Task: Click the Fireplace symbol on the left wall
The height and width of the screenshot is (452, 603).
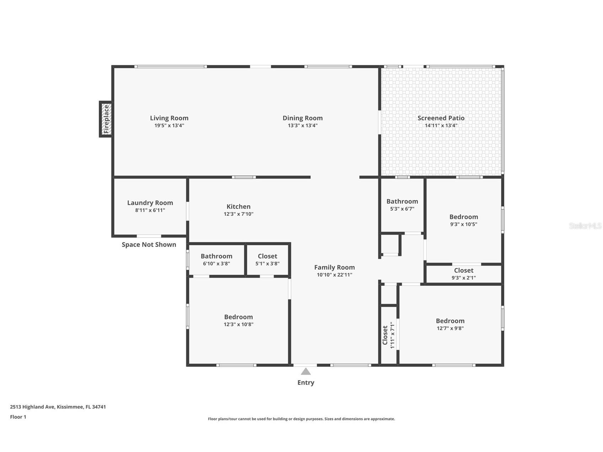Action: pyautogui.click(x=106, y=119)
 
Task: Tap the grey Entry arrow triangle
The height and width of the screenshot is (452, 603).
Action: pyautogui.click(x=306, y=371)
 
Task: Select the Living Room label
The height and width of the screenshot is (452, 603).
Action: pyautogui.click(x=169, y=118)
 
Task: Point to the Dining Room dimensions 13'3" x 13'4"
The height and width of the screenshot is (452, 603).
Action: pyautogui.click(x=303, y=125)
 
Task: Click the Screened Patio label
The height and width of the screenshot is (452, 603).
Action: pyautogui.click(x=441, y=118)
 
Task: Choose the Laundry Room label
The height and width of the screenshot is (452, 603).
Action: pyautogui.click(x=150, y=203)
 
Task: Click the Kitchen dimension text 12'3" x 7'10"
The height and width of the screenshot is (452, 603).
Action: pyautogui.click(x=238, y=214)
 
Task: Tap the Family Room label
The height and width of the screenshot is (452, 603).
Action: pyautogui.click(x=334, y=267)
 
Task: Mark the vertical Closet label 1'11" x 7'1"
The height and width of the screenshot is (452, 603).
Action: pyautogui.click(x=388, y=335)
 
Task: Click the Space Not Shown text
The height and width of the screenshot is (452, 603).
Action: pyautogui.click(x=149, y=244)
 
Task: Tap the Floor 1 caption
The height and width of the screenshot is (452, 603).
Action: pyautogui.click(x=18, y=417)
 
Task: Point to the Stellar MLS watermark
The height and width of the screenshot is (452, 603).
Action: pyautogui.click(x=585, y=226)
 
